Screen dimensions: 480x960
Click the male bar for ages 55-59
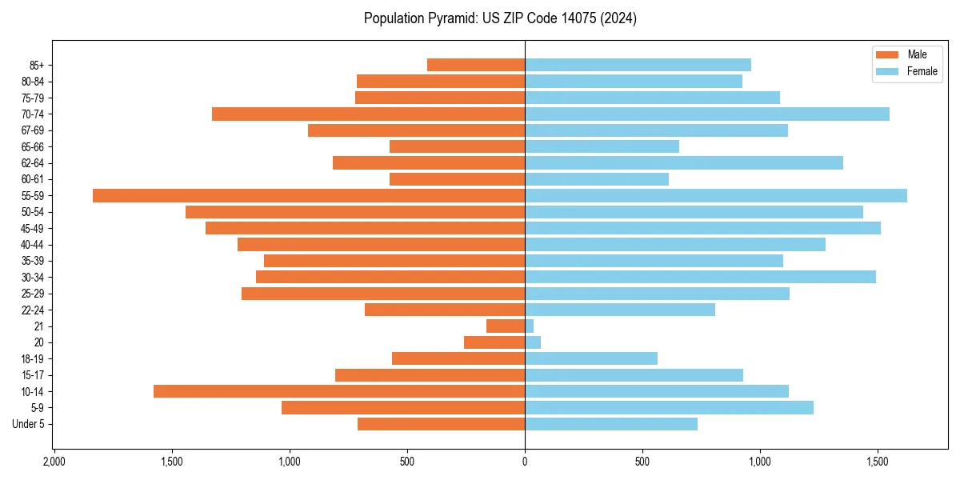coord(309,196)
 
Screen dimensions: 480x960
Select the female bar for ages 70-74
coord(707,114)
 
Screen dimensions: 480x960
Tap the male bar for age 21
coord(506,326)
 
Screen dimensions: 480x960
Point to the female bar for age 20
coord(533,342)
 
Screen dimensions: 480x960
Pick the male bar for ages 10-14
coord(339,391)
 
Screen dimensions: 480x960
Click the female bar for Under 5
coord(611,424)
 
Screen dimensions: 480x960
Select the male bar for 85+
coord(476,65)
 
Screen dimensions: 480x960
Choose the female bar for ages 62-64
coord(684,163)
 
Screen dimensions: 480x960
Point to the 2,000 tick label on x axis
coord(54,462)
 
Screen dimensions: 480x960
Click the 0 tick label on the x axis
coord(525,462)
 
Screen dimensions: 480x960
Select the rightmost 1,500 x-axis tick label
coord(878,462)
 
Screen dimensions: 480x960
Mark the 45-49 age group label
coord(33,229)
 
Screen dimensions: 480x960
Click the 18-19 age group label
coord(33,359)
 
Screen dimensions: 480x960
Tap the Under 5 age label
coord(28,424)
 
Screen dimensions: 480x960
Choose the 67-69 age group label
coord(33,130)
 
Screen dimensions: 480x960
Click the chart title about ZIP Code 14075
coord(500,18)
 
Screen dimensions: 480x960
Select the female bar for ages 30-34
coord(700,278)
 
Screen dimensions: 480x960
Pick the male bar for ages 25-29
coord(383,294)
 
